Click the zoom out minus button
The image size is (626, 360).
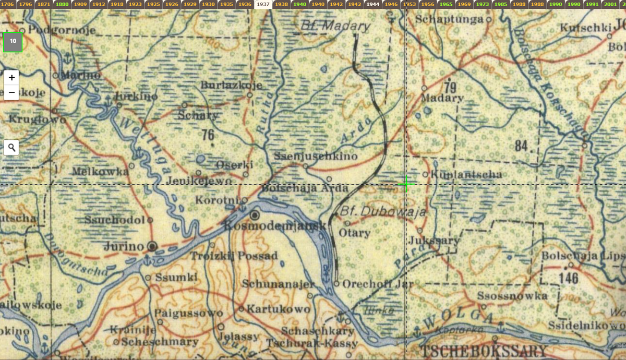point(11,92)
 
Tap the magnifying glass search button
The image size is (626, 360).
point(11,148)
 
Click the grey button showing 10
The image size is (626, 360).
point(13,42)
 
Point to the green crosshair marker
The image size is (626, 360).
point(406,184)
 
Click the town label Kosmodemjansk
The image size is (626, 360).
point(274,226)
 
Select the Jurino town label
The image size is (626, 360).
point(124,246)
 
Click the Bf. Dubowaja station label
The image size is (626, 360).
point(383,212)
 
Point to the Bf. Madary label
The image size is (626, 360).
point(336,26)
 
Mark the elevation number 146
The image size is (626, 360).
point(568,278)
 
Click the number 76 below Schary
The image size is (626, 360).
point(208,135)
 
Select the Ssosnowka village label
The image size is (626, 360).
point(513,296)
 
